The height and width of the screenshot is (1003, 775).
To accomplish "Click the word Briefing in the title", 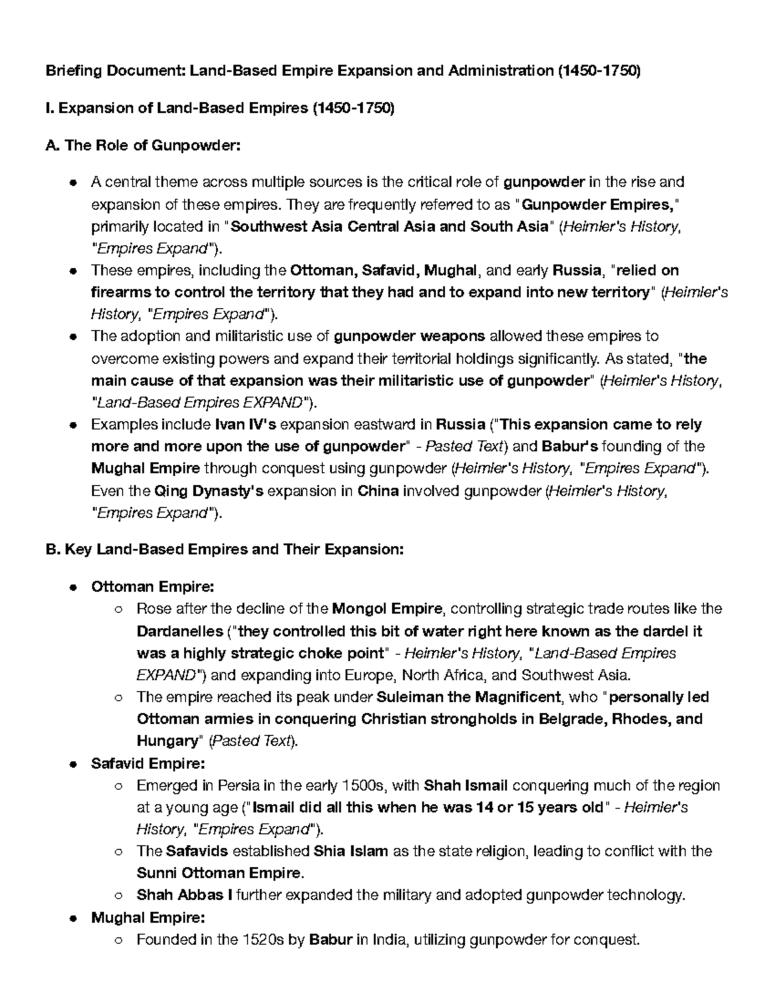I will pyautogui.click(x=70, y=72).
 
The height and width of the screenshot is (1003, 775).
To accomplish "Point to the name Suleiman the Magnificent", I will pyautogui.click(x=468, y=698).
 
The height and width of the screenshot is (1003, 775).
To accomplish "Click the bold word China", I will pyautogui.click(x=378, y=491).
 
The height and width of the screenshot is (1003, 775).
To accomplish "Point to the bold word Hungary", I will pyautogui.click(x=166, y=741).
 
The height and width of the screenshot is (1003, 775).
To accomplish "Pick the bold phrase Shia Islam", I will pyautogui.click(x=350, y=851).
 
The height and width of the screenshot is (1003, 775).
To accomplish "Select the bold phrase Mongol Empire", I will pyautogui.click(x=387, y=608).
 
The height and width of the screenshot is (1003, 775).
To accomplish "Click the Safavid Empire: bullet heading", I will pyautogui.click(x=148, y=764).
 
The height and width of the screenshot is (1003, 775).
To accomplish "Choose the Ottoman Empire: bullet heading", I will pyautogui.click(x=152, y=586).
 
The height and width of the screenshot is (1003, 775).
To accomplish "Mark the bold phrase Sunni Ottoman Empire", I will pyautogui.click(x=219, y=873).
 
